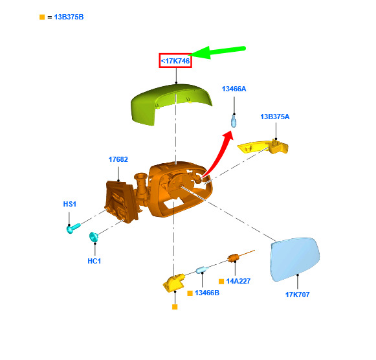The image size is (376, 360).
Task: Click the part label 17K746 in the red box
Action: click(x=175, y=61)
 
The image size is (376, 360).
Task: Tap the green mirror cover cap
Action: click(x=171, y=103)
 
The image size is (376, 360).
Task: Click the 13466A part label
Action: click(x=234, y=89)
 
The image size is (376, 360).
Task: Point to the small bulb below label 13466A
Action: click(x=234, y=121)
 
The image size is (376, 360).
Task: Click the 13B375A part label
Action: click(x=275, y=117)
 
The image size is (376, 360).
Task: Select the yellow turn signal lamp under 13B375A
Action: click(x=263, y=146)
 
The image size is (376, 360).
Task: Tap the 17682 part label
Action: click(x=118, y=159)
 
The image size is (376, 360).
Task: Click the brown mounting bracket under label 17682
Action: click(x=121, y=201)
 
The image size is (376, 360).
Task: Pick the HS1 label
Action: click(x=69, y=204)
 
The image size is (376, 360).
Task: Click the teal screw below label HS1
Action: click(x=73, y=228)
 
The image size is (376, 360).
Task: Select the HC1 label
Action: click(x=94, y=261)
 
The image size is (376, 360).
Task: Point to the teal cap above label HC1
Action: click(x=94, y=237)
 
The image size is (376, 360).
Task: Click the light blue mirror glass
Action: click(x=294, y=259)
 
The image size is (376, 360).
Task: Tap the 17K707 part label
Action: click(x=297, y=295)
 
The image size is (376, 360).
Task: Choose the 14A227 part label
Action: click(x=238, y=281)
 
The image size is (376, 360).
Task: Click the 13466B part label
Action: click(x=207, y=293)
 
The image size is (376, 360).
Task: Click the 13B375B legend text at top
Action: click(x=69, y=17)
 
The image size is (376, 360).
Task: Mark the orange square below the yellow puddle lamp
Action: click(x=175, y=307)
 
